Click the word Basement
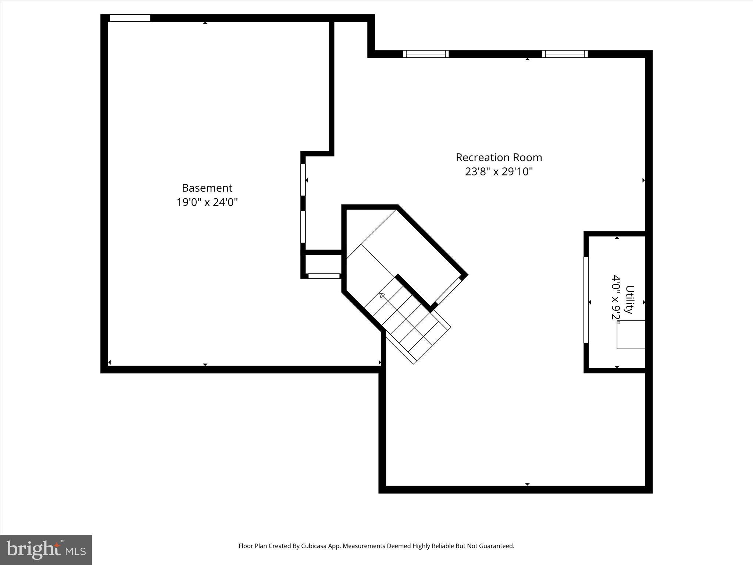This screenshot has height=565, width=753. tap(207, 188)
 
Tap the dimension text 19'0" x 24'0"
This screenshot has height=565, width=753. tap(207, 202)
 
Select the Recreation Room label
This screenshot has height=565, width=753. tap(499, 157)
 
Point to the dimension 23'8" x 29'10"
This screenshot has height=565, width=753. tap(499, 172)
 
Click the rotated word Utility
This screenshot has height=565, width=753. tap(629, 299)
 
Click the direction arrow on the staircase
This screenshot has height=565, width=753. tap(382, 295)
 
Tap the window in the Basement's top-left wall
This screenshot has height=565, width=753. tap(130, 18)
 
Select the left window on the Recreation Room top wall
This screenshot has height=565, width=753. tap(426, 54)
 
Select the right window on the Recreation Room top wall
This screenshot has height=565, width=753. tap(565, 54)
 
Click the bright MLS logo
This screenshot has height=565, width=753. tap(46, 550)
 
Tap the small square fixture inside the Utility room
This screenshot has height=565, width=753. tap(631, 334)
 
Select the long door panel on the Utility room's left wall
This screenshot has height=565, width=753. tap(586, 300)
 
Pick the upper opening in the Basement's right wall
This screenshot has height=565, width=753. tap(303, 180)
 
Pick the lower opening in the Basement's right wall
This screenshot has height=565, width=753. tap(303, 227)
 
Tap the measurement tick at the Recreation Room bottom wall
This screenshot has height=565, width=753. tap(527, 484)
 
